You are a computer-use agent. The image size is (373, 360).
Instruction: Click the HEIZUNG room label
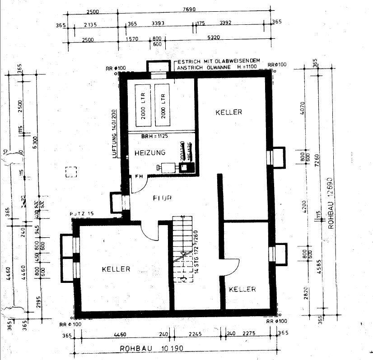(x=150, y=153)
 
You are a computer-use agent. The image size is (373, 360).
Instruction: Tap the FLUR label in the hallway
(x=161, y=198)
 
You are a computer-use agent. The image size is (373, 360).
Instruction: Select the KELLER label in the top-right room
(x=228, y=112)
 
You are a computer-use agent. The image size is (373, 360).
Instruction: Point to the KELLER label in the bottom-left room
(x=116, y=269)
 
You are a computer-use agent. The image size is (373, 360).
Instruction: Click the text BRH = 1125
(x=154, y=136)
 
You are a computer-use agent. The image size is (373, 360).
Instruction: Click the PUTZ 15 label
(x=82, y=213)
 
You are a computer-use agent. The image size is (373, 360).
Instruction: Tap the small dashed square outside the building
(x=71, y=172)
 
